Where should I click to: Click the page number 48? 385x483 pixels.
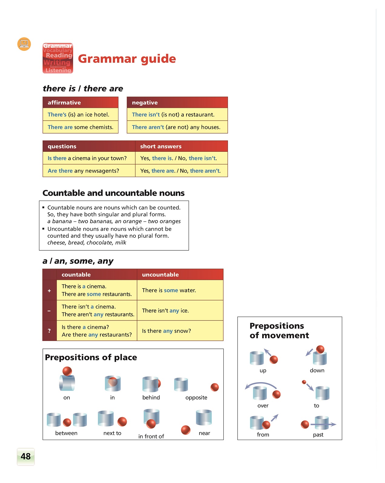pos(26,456)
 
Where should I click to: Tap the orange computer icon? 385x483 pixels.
pos(24,44)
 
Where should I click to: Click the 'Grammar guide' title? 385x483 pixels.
pos(127,59)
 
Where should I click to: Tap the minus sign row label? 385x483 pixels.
pos(49,311)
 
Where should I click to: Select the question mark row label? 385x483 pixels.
pos(49,331)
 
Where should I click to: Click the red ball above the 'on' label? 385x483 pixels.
pos(67,371)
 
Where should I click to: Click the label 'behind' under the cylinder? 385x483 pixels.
pos(151,398)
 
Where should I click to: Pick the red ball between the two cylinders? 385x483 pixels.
pos(67,422)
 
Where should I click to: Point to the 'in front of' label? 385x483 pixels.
pos(151,436)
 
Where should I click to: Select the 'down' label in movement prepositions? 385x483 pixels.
pos(317,371)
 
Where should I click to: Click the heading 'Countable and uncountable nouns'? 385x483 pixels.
pos(113,193)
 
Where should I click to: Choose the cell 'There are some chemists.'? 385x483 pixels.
pos(80,127)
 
